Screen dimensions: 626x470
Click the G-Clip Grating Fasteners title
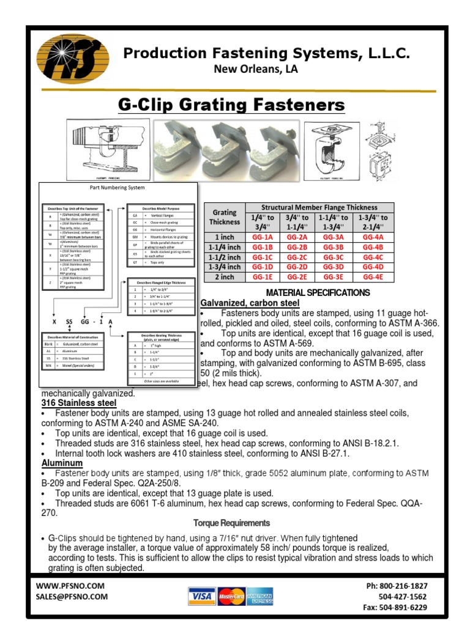(231, 105)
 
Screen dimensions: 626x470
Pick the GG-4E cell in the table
(372, 276)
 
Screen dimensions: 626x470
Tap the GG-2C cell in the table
(297, 257)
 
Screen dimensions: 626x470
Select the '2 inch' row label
(224, 276)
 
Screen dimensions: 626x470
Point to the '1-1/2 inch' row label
(224, 257)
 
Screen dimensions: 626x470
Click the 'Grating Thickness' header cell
(224, 217)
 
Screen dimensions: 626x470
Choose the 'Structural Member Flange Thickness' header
(319, 208)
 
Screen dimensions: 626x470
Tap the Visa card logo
(200, 596)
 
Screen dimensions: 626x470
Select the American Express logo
(260, 596)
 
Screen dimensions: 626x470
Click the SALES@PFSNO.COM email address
(72, 597)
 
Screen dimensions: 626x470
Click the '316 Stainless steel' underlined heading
(78, 403)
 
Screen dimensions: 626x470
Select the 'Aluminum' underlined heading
(62, 463)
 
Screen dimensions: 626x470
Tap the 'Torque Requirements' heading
(231, 523)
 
